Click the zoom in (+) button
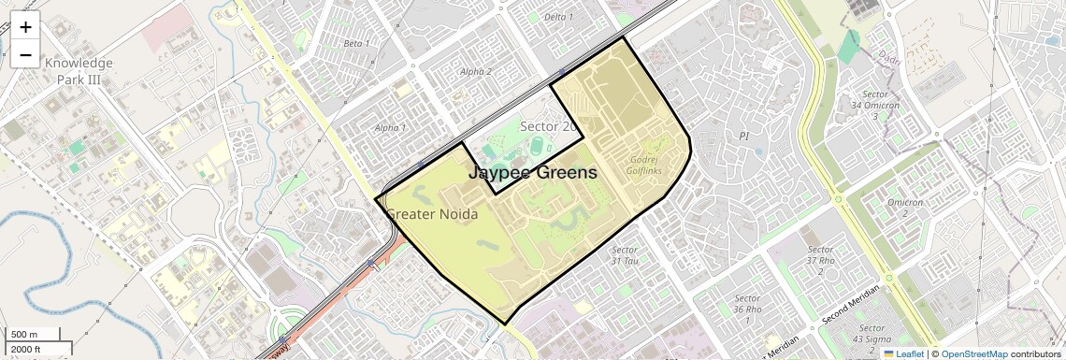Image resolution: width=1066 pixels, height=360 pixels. (25, 27)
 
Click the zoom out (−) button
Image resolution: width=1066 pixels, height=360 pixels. (25, 55)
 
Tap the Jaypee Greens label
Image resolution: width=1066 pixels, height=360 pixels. (531, 172)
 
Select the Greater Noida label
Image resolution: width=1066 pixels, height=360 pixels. (432, 214)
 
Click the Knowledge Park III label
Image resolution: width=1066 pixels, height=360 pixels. (79, 71)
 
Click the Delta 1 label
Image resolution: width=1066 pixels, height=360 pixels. (558, 17)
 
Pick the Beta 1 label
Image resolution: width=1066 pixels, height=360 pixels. (356, 43)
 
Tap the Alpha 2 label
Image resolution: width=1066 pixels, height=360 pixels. (476, 71)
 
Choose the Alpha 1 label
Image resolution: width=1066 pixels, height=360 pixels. (390, 127)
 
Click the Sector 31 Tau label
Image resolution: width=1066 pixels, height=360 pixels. (625, 255)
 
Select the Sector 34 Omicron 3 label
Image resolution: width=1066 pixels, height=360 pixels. (874, 105)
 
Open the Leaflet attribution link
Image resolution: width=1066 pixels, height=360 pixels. (904, 354)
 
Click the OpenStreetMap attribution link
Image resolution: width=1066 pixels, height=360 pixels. (974, 354)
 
